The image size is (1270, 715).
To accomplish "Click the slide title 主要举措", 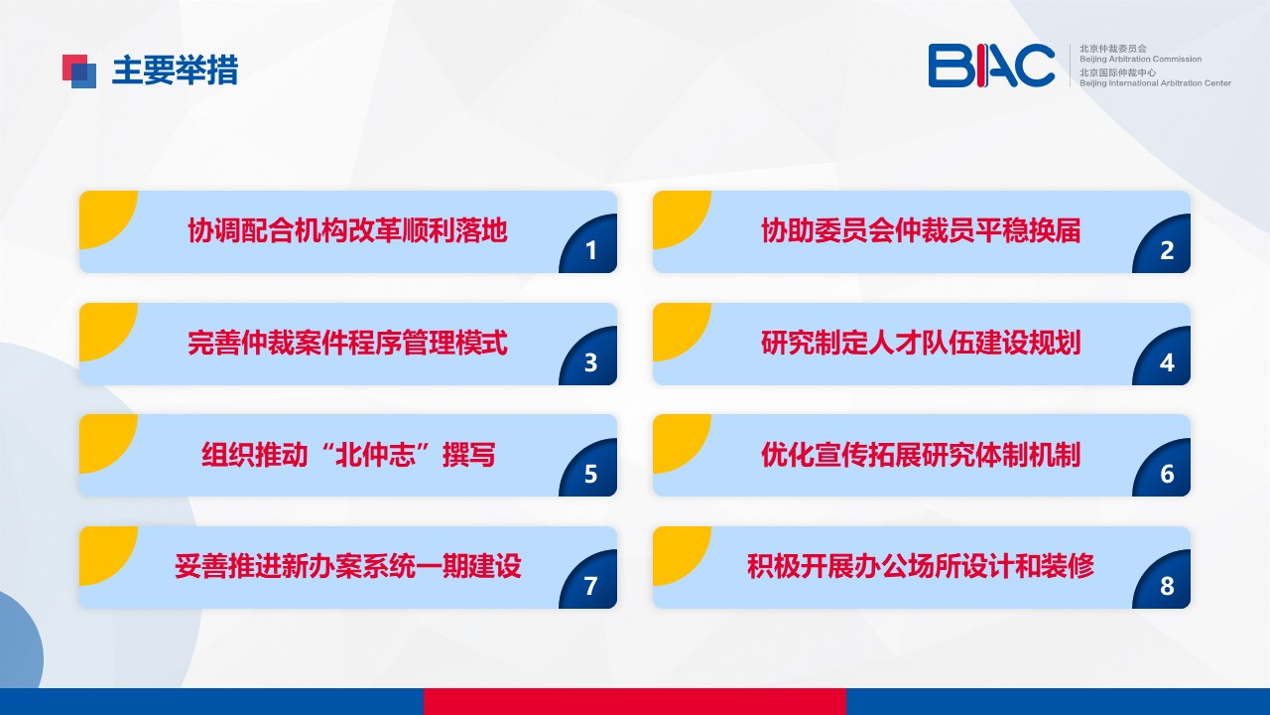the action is (176, 71).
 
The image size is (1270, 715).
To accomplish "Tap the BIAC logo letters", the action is (991, 66).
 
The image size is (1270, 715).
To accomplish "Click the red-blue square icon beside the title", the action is (79, 71).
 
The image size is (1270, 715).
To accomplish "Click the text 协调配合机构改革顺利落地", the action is (347, 230).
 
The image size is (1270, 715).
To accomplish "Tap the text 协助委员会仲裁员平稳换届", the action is (921, 230).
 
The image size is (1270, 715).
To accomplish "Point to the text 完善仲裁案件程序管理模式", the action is (347, 343).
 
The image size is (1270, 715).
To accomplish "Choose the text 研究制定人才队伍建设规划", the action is (921, 343).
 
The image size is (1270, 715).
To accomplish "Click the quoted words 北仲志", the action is (375, 455).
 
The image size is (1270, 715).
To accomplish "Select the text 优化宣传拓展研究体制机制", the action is (921, 455).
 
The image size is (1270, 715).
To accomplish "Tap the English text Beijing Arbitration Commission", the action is (1140, 59).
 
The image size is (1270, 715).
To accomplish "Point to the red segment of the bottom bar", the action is (634, 701).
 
